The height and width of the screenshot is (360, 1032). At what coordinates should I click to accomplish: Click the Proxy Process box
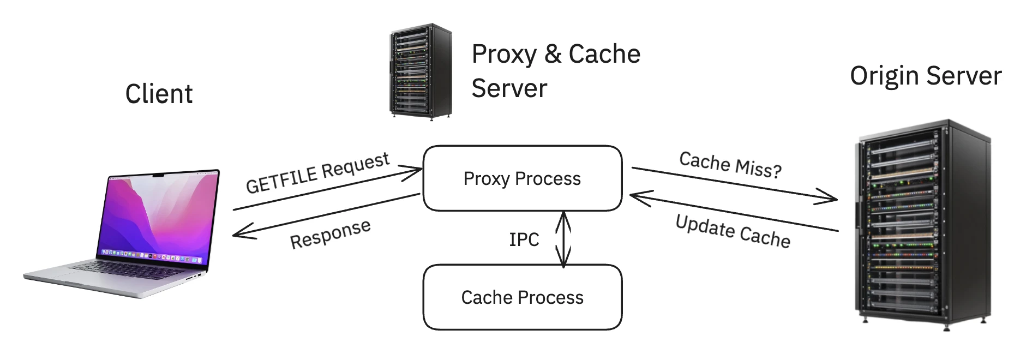(522, 178)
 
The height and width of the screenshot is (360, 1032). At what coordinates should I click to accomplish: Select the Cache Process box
(522, 297)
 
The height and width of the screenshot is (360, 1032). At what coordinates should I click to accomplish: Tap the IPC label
(524, 239)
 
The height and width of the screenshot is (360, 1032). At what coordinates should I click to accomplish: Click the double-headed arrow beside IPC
(563, 239)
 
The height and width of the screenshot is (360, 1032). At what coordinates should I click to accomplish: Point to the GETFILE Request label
(317, 173)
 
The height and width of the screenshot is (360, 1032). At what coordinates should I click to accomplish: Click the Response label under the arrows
(330, 234)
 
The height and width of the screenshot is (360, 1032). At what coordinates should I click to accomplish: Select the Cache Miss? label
(730, 165)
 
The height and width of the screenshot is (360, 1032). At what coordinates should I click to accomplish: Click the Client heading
(159, 94)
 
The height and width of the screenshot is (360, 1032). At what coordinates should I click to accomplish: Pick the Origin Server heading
(926, 76)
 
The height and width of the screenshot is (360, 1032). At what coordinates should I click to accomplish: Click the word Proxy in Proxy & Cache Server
(504, 54)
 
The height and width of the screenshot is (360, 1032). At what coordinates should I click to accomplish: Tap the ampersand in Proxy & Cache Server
(553, 54)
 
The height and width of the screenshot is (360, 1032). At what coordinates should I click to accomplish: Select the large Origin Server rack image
(922, 224)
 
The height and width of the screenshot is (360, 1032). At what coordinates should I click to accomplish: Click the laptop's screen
(158, 215)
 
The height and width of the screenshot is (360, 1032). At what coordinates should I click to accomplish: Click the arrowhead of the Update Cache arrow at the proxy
(635, 196)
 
